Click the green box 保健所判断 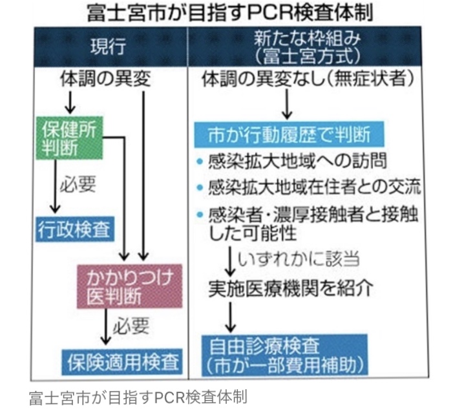pyautogui.click(x=70, y=136)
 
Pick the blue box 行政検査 pyautogui.click(x=73, y=228)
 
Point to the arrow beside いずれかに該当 pyautogui.click(x=231, y=259)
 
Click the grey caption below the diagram pyautogui.click(x=138, y=396)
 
